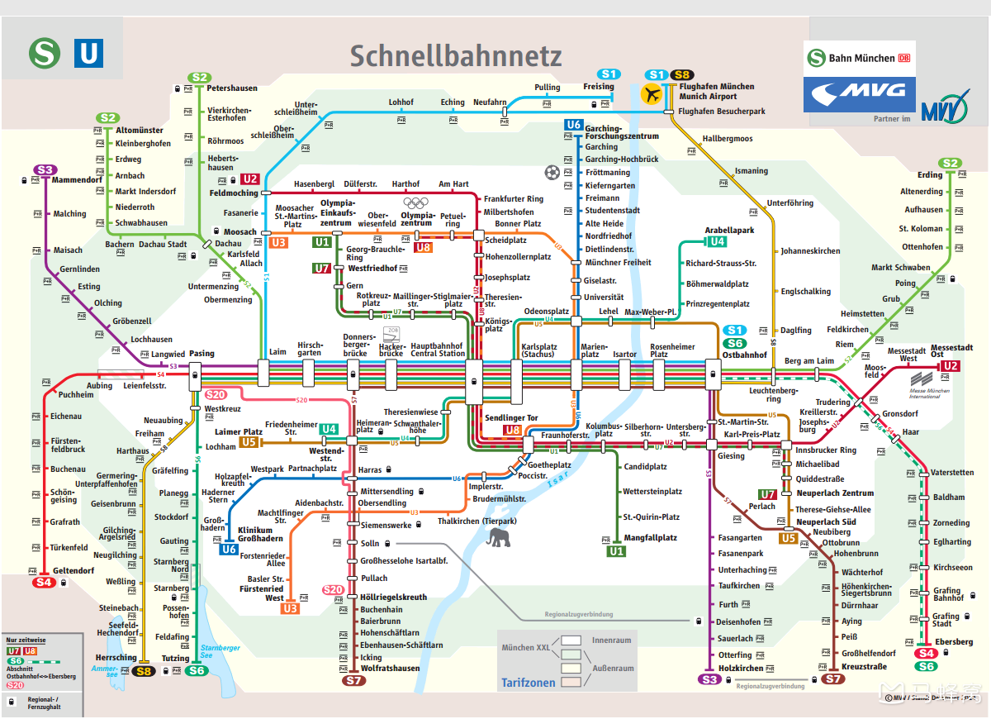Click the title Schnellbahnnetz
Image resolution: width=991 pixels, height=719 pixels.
(x=456, y=55)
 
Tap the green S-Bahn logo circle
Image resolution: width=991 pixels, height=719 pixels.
(x=45, y=54)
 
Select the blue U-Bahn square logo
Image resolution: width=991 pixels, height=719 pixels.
(x=88, y=54)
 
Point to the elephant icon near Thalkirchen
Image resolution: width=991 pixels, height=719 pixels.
(x=498, y=539)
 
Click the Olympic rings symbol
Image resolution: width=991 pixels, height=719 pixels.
(x=415, y=202)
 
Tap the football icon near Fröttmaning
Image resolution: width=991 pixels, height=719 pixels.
(x=552, y=172)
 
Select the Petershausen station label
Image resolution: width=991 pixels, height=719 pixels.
(x=232, y=88)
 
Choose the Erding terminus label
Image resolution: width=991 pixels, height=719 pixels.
(x=930, y=175)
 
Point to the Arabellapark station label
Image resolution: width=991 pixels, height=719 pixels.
(x=729, y=231)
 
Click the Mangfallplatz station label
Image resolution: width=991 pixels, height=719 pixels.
(x=651, y=538)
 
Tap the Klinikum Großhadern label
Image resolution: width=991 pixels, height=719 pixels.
(x=261, y=535)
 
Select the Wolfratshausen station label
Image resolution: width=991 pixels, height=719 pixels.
(x=390, y=669)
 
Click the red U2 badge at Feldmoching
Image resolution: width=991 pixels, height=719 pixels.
(x=250, y=179)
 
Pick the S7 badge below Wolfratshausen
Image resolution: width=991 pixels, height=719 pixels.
(x=353, y=681)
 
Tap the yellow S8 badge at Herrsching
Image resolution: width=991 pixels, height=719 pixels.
(x=145, y=671)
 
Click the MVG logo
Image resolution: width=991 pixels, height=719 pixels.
(x=860, y=94)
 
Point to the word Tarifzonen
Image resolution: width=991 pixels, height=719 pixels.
(x=529, y=683)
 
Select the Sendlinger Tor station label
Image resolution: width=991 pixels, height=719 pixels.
(x=511, y=418)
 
